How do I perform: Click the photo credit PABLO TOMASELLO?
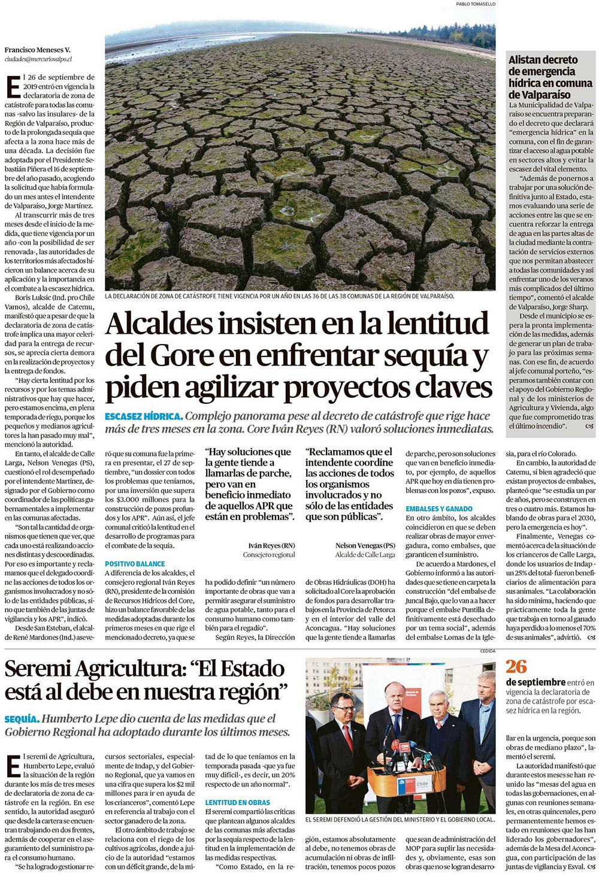476,4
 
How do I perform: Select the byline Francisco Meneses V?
37,50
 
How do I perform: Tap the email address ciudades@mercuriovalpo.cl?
38,59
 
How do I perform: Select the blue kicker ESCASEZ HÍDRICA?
143,416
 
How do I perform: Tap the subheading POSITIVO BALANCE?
135,564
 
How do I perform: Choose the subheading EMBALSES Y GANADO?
438,509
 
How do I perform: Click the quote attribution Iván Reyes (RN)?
271,545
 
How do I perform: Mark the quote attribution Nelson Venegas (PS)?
365,545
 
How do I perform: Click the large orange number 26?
516,666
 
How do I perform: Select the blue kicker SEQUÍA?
22,718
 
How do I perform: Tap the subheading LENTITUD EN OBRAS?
237,802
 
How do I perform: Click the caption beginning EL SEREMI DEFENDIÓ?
400,819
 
